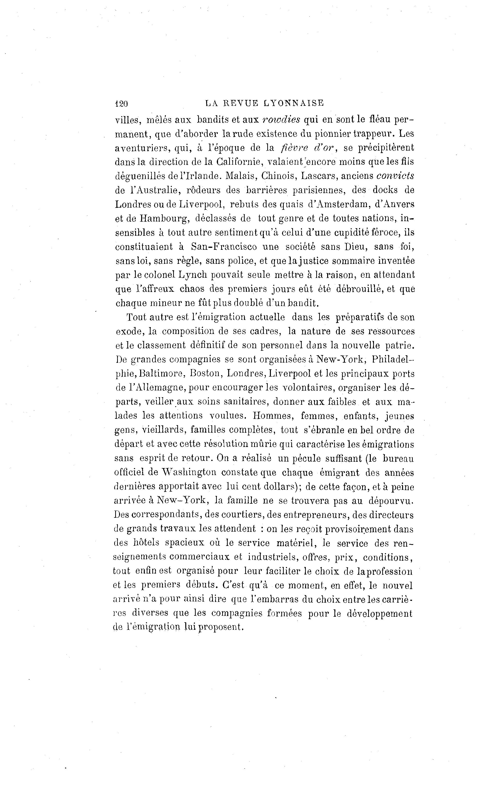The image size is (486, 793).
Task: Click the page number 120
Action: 121,104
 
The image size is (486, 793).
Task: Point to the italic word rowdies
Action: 281,119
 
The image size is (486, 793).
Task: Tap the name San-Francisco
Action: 224,247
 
